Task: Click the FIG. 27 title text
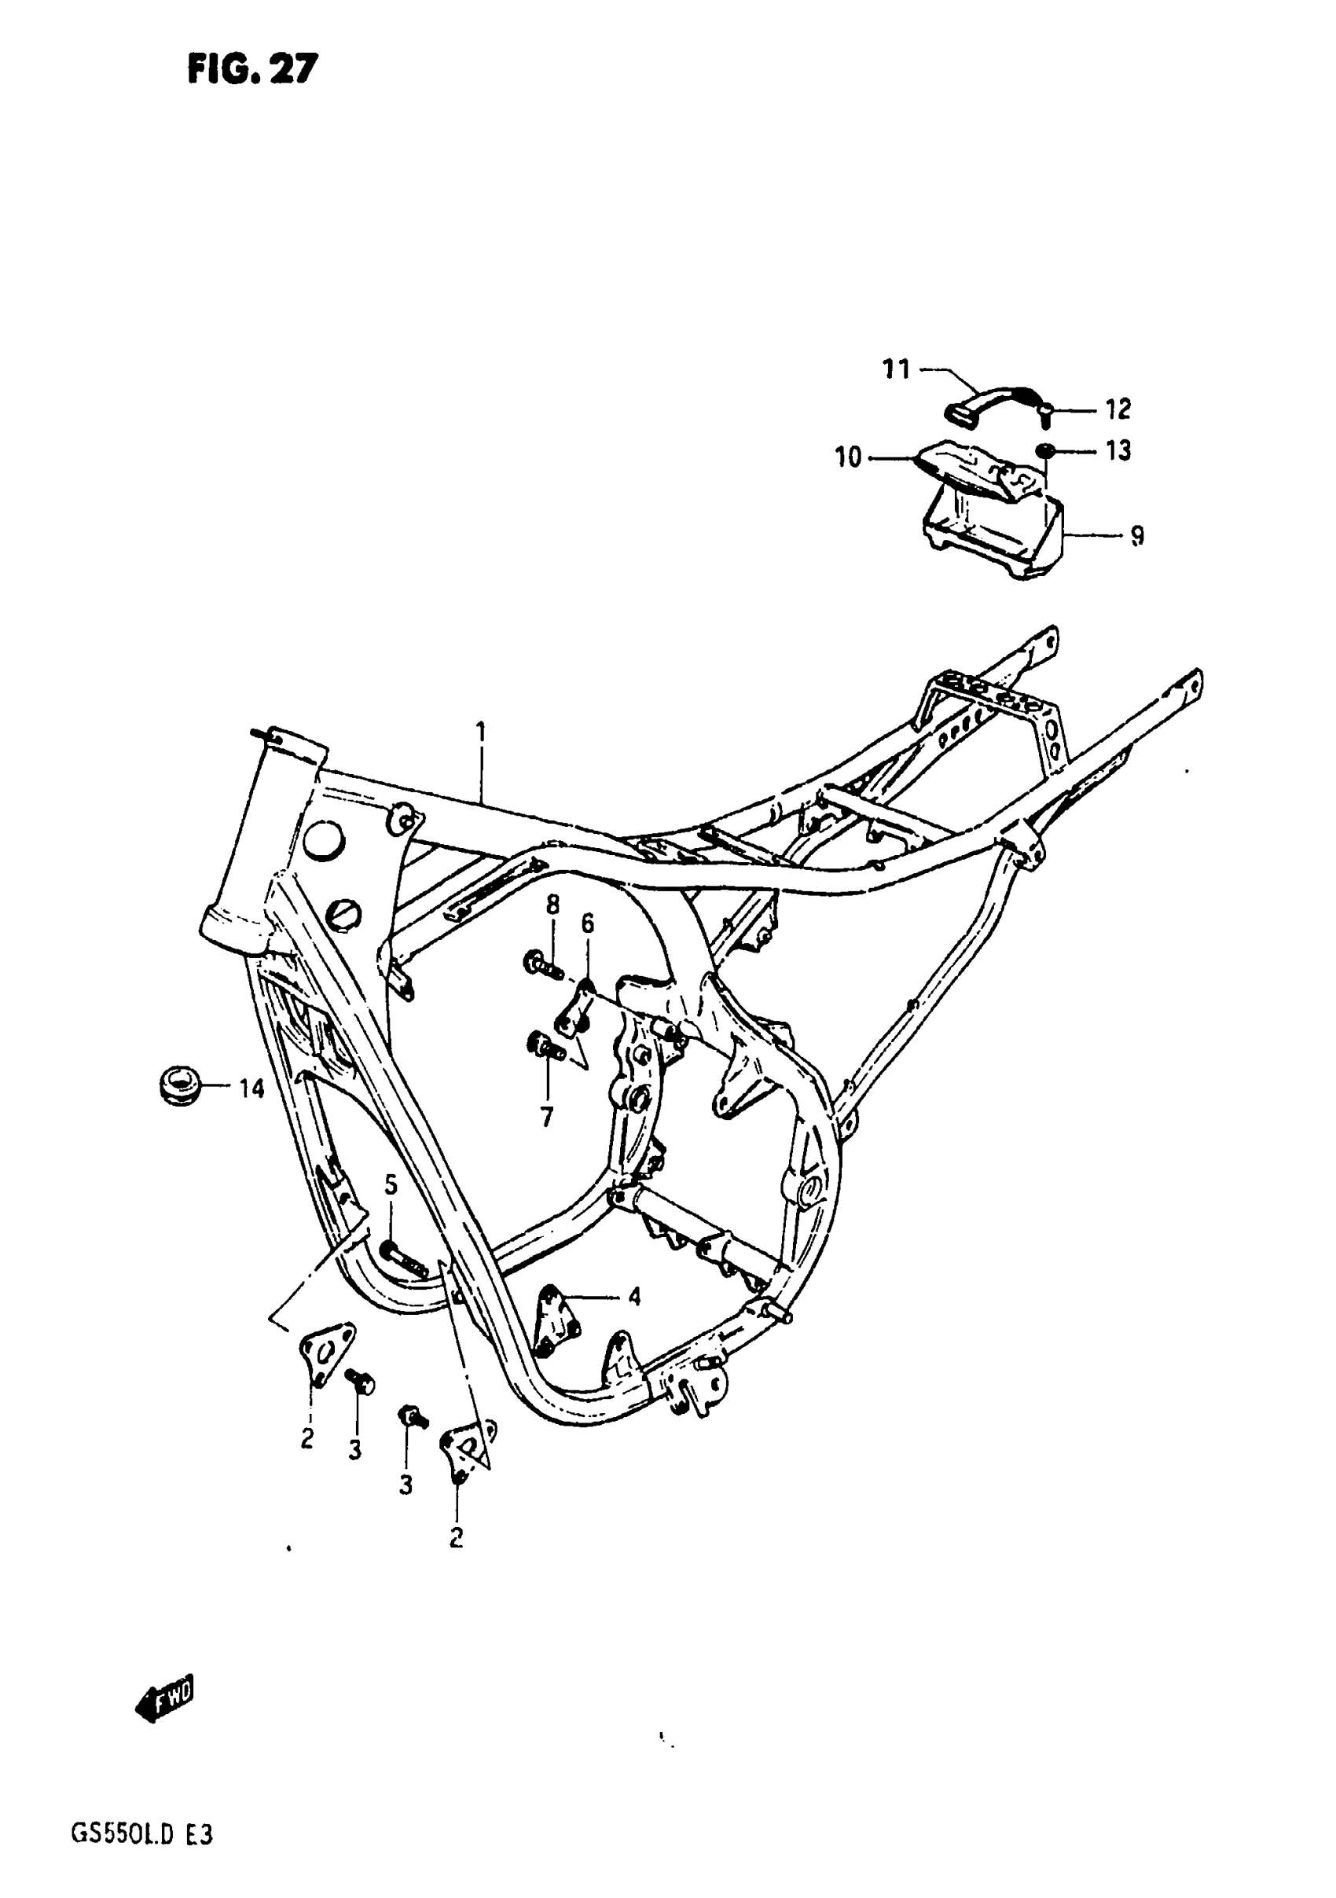pos(251,69)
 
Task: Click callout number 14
pos(251,1089)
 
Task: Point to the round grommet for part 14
pos(180,1085)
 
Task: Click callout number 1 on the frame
pos(480,732)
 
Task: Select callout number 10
pos(848,457)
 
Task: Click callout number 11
pos(896,369)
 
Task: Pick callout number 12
pos(1118,409)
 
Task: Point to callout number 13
pos(1118,451)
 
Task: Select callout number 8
pos(552,905)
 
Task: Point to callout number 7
pos(546,1118)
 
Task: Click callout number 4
pos(634,1296)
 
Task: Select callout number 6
pos(587,923)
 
